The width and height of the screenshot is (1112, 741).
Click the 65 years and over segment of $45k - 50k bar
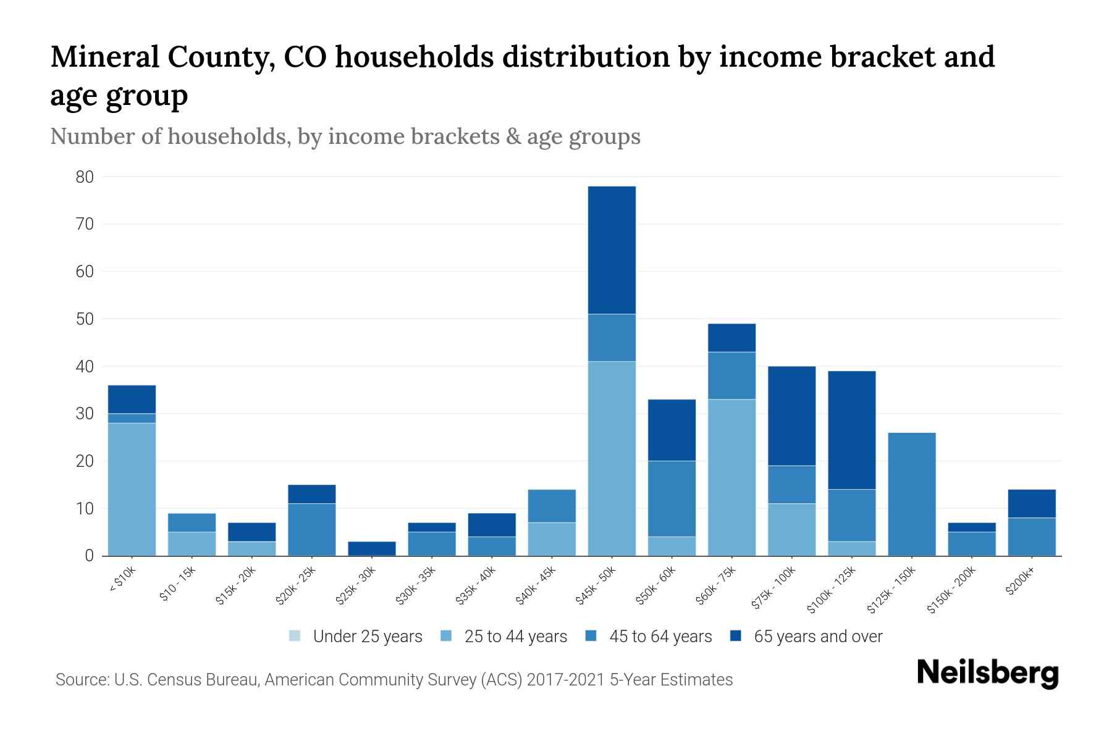612,250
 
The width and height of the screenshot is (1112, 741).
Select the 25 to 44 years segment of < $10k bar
132,489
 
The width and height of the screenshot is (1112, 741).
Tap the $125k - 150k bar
912,494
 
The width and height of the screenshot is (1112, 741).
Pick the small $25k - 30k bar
372,548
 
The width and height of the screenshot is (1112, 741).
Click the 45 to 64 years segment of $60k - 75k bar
731,375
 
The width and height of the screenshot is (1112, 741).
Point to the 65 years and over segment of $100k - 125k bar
852,430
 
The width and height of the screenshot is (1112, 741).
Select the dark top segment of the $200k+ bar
1032,503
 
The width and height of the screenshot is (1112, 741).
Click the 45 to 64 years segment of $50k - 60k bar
672,498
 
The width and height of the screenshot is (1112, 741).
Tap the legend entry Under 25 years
367,637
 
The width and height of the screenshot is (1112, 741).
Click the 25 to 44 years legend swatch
446,636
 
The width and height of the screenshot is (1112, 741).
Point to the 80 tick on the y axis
85,177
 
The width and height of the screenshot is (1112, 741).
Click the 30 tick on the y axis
85,414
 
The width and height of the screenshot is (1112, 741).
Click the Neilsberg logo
987,673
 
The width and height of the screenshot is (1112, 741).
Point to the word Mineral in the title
102,57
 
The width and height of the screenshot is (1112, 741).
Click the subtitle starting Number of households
345,136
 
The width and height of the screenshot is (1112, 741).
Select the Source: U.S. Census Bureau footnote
394,680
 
